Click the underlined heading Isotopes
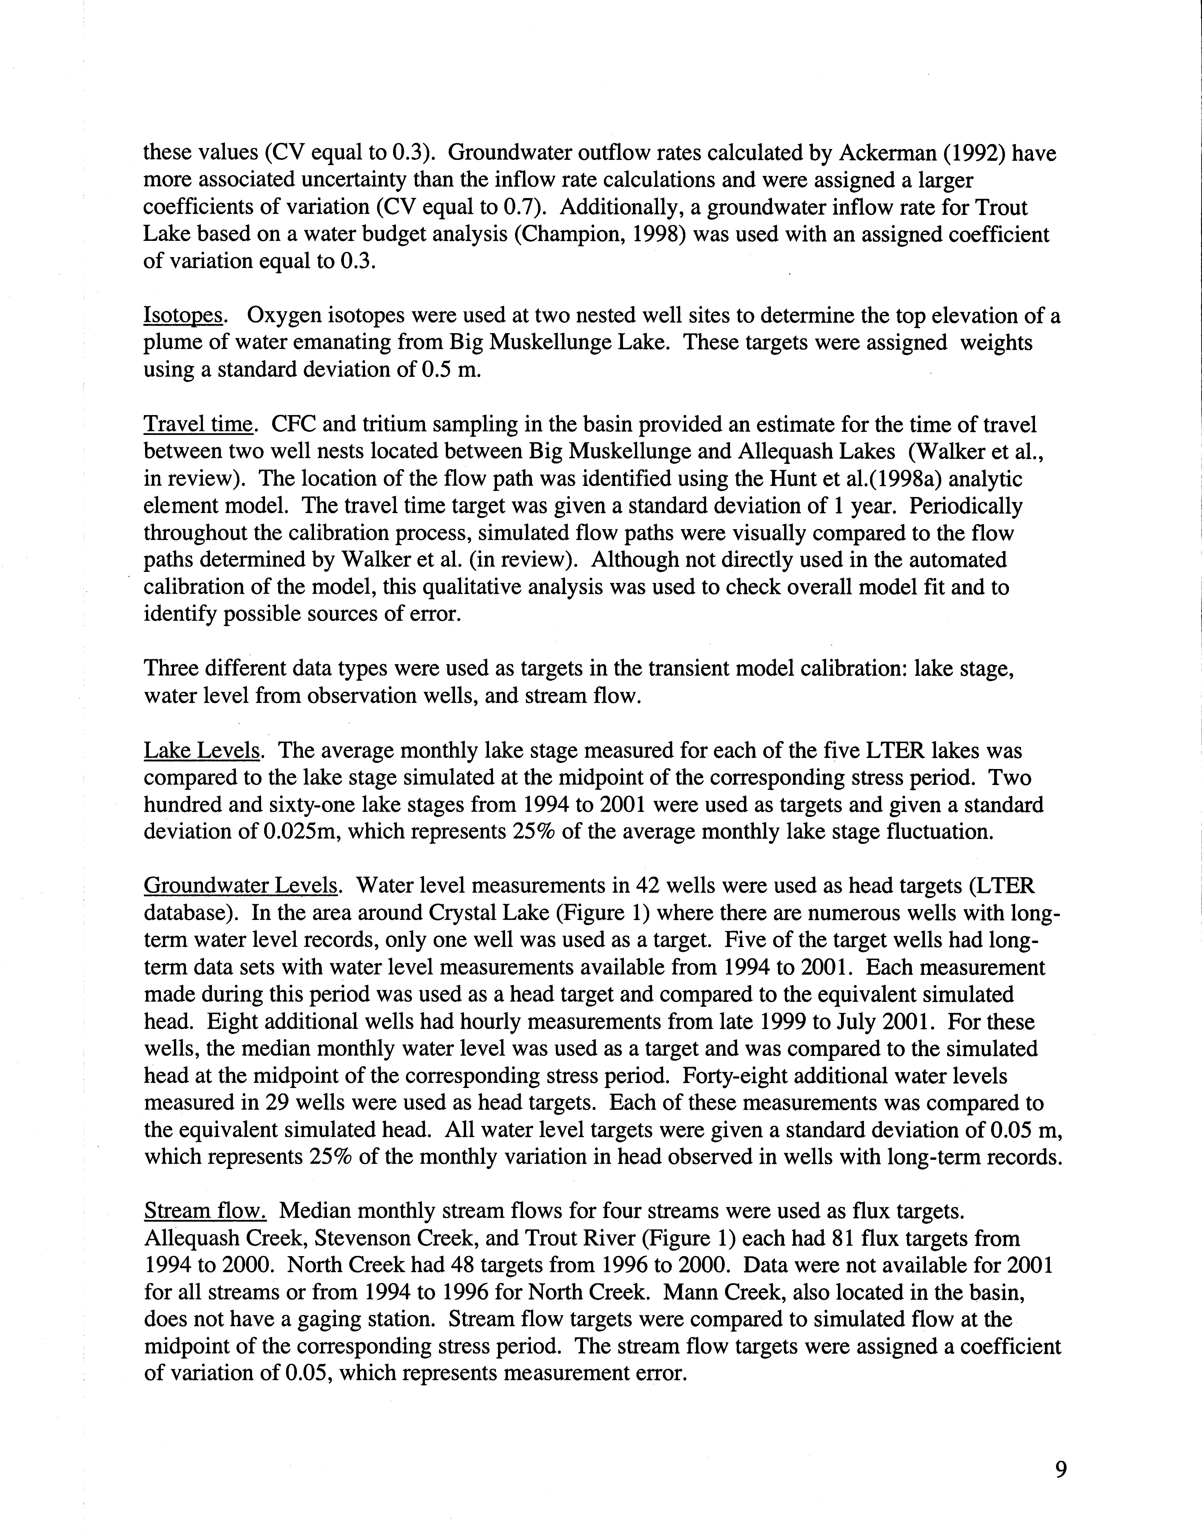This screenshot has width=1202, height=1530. [184, 317]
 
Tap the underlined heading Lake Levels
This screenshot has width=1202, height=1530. [202, 751]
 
